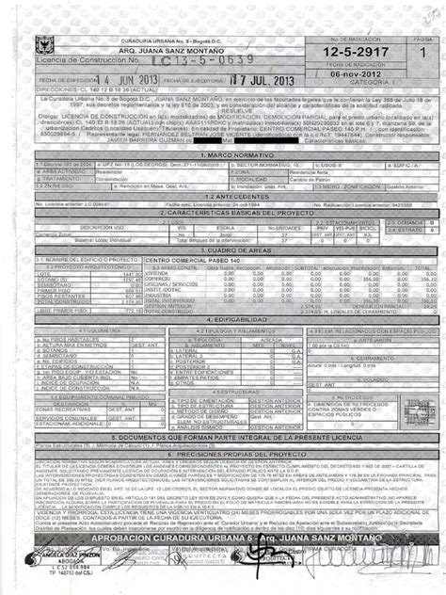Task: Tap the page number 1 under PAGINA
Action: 422,55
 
